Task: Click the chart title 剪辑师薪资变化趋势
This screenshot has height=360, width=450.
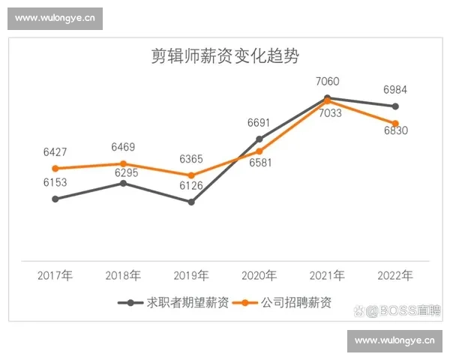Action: click(x=225, y=56)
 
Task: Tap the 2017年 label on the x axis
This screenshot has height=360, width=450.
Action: click(x=55, y=275)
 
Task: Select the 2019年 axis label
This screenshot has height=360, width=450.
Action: click(x=191, y=275)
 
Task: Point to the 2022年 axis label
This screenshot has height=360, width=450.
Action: click(x=395, y=275)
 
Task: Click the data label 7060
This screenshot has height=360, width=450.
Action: click(x=328, y=81)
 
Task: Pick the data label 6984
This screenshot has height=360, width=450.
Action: click(x=395, y=90)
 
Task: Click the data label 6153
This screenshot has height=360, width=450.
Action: click(x=55, y=182)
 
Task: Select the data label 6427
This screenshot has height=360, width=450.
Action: click(x=55, y=152)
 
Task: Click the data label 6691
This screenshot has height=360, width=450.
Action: click(x=259, y=121)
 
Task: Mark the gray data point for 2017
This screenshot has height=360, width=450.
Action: click(x=55, y=199)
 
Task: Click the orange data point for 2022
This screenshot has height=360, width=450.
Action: click(x=395, y=123)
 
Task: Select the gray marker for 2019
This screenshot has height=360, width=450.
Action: click(x=191, y=202)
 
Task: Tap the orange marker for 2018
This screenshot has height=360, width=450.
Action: click(x=123, y=163)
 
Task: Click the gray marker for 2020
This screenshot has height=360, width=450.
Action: click(x=259, y=139)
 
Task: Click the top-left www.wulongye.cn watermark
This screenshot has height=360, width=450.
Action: click(x=55, y=17)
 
